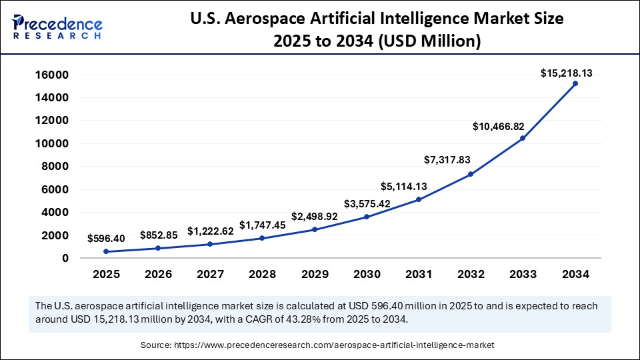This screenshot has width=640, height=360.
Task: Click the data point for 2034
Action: [575, 83]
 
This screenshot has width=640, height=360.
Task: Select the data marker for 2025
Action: [107, 251]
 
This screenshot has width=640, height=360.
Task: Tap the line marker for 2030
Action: [367, 217]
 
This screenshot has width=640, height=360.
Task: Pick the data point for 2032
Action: [471, 174]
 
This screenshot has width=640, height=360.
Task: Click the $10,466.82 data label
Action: [499, 125]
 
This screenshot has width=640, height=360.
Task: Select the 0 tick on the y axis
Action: [65, 258]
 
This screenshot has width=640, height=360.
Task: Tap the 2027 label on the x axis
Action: [211, 274]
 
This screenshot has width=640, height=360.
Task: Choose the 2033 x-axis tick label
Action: [523, 274]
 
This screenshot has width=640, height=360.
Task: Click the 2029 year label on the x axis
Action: [315, 274]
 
